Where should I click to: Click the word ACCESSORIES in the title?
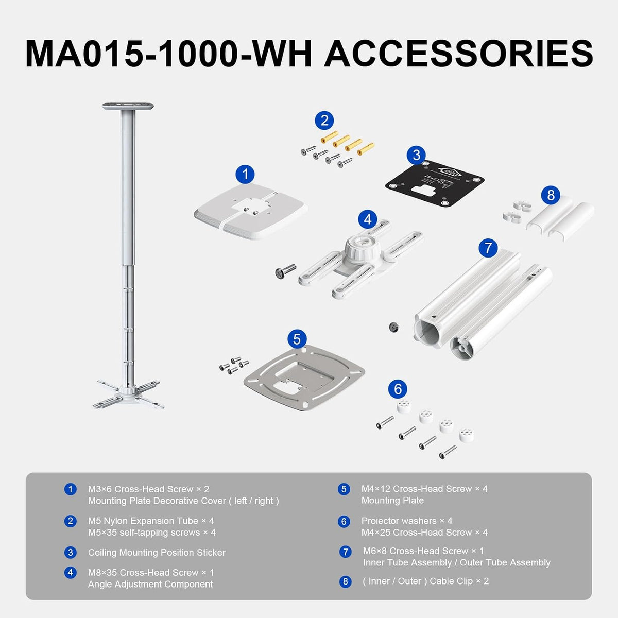coord(459,53)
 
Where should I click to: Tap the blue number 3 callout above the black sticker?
coord(416,155)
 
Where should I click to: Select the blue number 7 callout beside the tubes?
coord(488,248)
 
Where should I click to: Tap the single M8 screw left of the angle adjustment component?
coord(285,270)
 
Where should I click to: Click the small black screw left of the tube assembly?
coord(393,327)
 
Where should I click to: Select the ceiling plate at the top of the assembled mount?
coord(128,106)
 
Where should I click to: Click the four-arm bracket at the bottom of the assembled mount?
coord(128,394)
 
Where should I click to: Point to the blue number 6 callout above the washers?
coord(398,389)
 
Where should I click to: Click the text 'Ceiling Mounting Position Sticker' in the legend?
coord(157,552)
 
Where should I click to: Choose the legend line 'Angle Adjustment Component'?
coord(150,584)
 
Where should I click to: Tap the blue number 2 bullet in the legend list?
coord(70,521)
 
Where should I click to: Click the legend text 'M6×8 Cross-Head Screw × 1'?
coord(423,551)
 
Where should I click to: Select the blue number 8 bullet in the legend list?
coord(345,581)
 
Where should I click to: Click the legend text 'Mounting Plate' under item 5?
coord(392,500)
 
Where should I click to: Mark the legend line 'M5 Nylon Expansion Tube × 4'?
coord(151,521)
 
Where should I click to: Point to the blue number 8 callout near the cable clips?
coord(551,195)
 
